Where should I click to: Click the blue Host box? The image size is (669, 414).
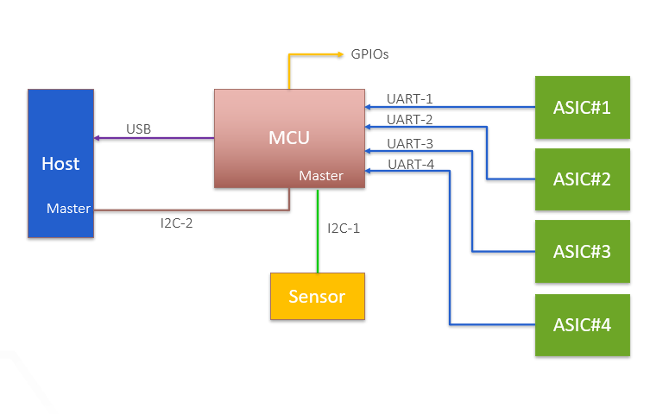click(x=60, y=163)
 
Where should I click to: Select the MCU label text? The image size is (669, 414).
click(x=288, y=137)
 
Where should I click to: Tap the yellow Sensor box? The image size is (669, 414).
click(x=317, y=297)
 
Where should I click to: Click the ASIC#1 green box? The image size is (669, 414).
click(x=583, y=108)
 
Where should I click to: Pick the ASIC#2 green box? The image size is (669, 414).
click(x=583, y=179)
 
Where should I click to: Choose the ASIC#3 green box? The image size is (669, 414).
click(x=583, y=252)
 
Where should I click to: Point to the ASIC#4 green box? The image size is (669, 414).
click(x=583, y=325)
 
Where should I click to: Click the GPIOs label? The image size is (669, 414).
click(x=369, y=53)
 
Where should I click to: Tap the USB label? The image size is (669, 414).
click(x=138, y=129)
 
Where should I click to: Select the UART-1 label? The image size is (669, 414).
click(x=410, y=99)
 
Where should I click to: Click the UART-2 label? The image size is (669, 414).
click(x=410, y=119)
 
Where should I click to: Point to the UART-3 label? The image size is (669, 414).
click(x=410, y=143)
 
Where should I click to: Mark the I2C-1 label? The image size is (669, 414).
click(x=344, y=229)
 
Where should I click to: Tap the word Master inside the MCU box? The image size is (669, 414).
click(x=321, y=176)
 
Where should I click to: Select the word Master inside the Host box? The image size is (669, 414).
click(x=69, y=209)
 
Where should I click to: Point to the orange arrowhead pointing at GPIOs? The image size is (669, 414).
click(x=339, y=53)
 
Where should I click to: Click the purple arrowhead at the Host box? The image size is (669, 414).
click(x=97, y=138)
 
